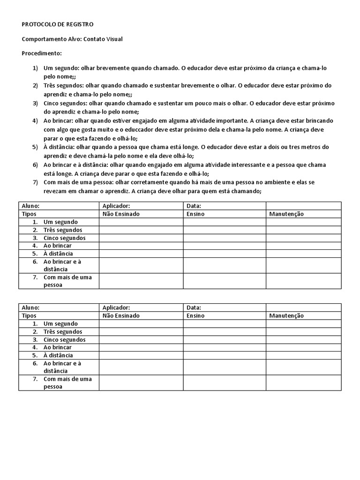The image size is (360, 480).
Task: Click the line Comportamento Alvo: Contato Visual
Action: [72, 39]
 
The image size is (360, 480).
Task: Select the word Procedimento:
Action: [42, 53]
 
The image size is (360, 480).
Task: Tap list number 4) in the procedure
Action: [35, 120]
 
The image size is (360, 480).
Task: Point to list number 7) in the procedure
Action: [35, 182]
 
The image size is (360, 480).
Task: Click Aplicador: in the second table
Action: [116, 307]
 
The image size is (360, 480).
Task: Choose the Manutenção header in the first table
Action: [286, 214]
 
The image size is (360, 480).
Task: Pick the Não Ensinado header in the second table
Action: [121, 315]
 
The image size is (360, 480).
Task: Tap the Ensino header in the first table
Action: [195, 214]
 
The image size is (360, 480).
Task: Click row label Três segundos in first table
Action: [63, 230]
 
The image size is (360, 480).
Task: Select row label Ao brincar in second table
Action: [58, 347]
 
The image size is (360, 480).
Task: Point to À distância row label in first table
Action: [58, 254]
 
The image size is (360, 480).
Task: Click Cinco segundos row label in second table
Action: [65, 339]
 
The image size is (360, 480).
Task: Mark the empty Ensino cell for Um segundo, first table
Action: [225, 222]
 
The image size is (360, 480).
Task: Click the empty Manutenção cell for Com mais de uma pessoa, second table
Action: [304, 382]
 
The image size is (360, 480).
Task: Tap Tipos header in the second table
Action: [30, 315]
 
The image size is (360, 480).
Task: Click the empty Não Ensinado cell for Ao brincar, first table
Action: [141, 246]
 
